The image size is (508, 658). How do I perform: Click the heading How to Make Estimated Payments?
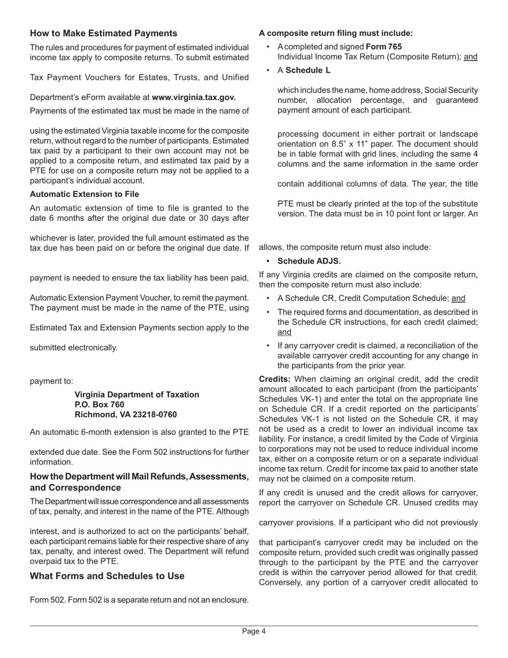103,33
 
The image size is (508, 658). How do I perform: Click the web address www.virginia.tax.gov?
194,97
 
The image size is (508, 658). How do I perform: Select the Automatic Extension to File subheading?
84,194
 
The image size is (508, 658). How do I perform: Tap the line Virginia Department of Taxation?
136,394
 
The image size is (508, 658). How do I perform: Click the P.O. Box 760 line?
99,404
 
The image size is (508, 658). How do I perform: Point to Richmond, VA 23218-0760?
125,415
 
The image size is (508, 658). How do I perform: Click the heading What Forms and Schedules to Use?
107,576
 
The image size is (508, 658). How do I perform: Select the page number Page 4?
253,631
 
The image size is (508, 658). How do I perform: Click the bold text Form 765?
383,47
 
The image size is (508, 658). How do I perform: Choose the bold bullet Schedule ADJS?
309,261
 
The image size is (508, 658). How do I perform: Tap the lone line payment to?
51,381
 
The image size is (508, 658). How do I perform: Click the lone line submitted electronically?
73,347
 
